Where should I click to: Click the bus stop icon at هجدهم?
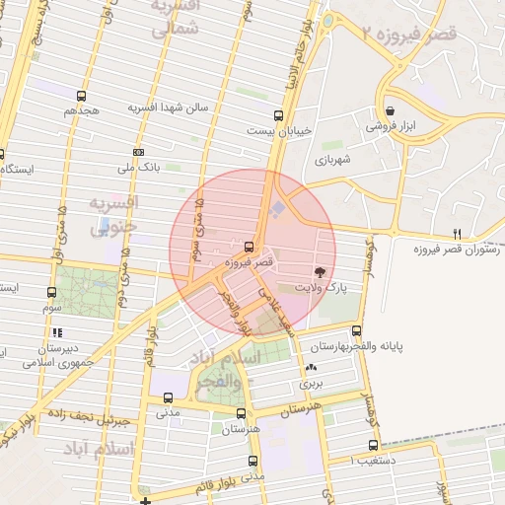click(x=81, y=97)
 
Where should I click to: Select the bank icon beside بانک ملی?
click(x=138, y=153)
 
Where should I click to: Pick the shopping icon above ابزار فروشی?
click(x=392, y=110)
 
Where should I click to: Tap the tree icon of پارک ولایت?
click(x=320, y=271)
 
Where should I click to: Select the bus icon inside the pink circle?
click(x=249, y=247)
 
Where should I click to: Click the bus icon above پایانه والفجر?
click(x=356, y=332)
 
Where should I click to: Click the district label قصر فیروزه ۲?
click(x=405, y=35)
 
